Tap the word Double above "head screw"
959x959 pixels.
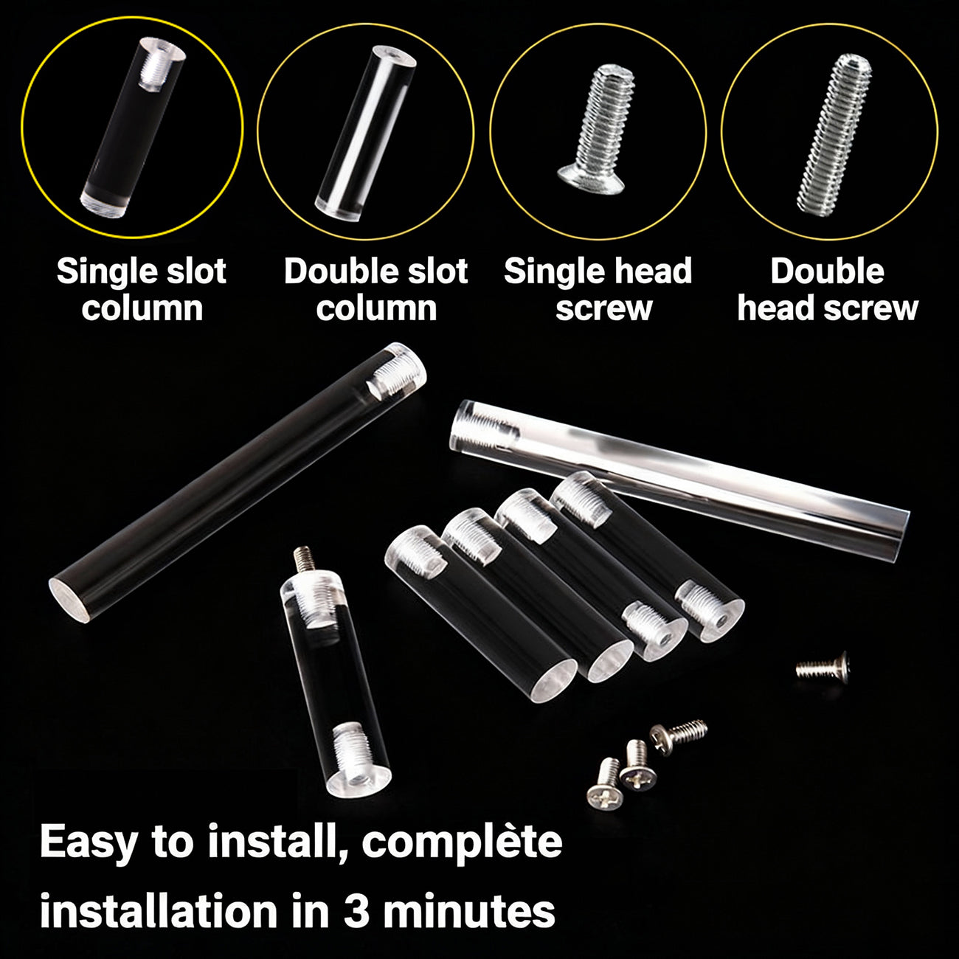click(x=827, y=271)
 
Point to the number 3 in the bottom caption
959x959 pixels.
click(x=356, y=912)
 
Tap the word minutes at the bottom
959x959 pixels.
click(x=468, y=912)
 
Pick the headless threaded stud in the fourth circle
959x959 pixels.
click(x=834, y=135)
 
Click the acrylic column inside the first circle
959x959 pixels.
click(x=133, y=127)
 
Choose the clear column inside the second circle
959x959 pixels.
click(x=366, y=132)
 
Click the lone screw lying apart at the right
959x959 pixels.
click(x=822, y=667)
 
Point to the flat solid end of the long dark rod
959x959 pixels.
click(x=69, y=603)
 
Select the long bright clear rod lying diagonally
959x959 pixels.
click(x=680, y=482)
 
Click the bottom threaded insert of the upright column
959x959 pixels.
click(x=354, y=752)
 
